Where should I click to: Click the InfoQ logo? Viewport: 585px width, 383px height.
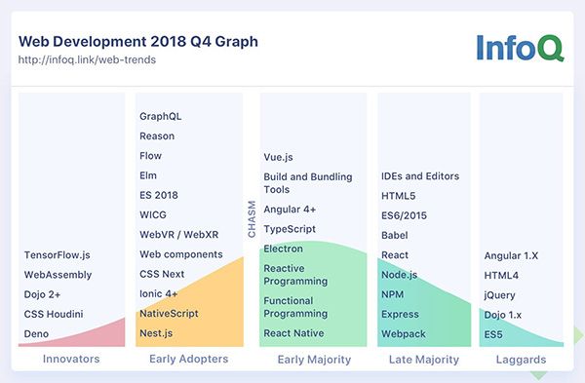519,48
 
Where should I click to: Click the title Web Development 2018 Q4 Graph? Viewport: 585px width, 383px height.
138,42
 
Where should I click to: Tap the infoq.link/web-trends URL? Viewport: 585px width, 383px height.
87,60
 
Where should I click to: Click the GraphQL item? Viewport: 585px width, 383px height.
161,116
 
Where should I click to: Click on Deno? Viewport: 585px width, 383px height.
37,333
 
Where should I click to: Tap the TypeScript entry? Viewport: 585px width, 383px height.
290,229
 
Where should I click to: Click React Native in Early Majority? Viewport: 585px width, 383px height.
293,333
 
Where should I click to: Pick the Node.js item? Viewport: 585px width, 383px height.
400,275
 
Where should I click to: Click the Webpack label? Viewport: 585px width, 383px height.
403,333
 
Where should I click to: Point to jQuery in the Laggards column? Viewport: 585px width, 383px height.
501,294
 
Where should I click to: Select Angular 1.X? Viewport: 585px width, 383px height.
511,255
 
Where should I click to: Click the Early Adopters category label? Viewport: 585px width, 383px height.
189,360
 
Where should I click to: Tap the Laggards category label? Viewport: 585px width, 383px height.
521,360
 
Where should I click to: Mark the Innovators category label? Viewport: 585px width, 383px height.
71,360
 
